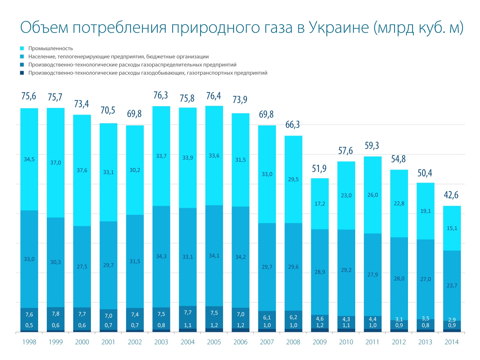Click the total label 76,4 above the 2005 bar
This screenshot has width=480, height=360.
tap(214, 96)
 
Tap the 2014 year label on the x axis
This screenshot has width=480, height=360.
tap(451, 342)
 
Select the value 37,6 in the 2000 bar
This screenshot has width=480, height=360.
tap(82, 170)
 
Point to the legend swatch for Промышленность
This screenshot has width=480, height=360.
tap(22, 48)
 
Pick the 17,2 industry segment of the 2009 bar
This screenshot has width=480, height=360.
tap(320, 204)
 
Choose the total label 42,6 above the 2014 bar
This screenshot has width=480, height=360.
tap(451, 195)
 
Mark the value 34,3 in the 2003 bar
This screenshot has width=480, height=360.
tap(161, 256)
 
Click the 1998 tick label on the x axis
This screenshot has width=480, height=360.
tap(29, 342)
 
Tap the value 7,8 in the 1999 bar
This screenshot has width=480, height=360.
tap(55, 313)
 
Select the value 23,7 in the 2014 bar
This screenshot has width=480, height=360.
tap(452, 285)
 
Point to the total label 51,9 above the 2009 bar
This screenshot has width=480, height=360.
tap(319, 169)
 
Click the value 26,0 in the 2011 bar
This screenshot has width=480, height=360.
tap(373, 195)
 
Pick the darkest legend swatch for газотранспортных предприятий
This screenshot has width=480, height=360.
tap(22, 73)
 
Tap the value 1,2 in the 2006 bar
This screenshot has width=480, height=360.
tap(240, 325)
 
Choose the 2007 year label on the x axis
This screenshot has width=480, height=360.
tap(267, 342)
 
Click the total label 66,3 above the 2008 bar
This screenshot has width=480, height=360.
tap(292, 124)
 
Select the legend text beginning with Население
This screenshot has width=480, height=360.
tap(118, 57)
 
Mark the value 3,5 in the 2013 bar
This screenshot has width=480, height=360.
tap(425, 318)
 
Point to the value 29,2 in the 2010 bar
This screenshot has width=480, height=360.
tap(346, 270)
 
